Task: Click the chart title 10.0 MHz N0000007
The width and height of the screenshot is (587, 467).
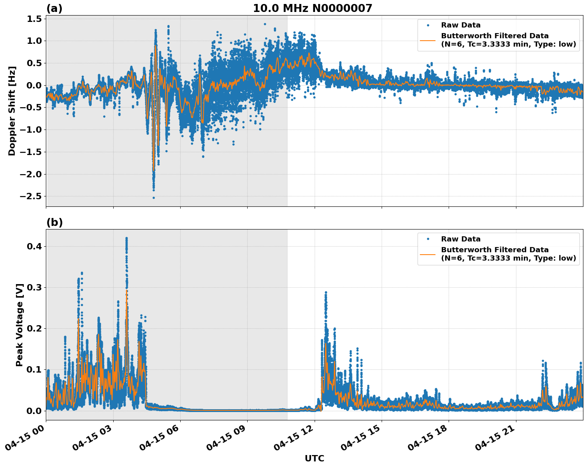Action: (x=312, y=8)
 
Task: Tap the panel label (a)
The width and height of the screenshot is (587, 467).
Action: (x=54, y=8)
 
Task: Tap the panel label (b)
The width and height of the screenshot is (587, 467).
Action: (x=54, y=222)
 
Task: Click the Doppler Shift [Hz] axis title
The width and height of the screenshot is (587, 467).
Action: (x=12, y=111)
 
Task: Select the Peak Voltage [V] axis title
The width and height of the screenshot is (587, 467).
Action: (x=20, y=325)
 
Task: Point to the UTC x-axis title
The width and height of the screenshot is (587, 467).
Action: (x=314, y=458)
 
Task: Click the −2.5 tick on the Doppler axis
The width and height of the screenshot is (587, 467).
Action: (x=31, y=196)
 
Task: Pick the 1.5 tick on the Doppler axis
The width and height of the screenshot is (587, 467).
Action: (x=34, y=19)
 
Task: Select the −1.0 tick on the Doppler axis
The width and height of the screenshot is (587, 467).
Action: (x=31, y=130)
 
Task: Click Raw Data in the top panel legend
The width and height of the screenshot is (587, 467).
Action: (x=461, y=25)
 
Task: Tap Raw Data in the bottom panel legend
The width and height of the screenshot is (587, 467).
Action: (x=461, y=239)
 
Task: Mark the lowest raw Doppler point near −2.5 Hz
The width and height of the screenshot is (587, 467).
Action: (x=154, y=198)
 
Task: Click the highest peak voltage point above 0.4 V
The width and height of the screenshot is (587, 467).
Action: (x=126, y=238)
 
